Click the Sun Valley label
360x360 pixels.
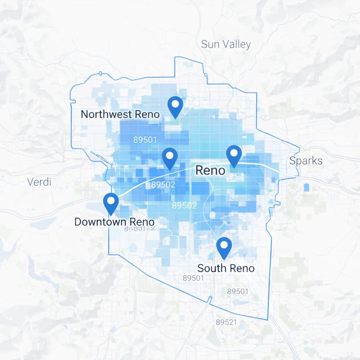226,44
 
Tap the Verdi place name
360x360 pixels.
39,182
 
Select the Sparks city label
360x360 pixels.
306,161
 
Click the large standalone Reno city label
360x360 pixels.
210,171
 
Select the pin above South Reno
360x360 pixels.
224,248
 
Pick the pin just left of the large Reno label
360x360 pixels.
170,158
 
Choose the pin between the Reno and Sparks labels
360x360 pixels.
234,156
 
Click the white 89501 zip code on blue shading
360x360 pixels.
145,140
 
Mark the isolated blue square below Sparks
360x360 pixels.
307,187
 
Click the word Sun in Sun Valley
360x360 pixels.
210,44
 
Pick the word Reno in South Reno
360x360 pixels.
241,268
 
